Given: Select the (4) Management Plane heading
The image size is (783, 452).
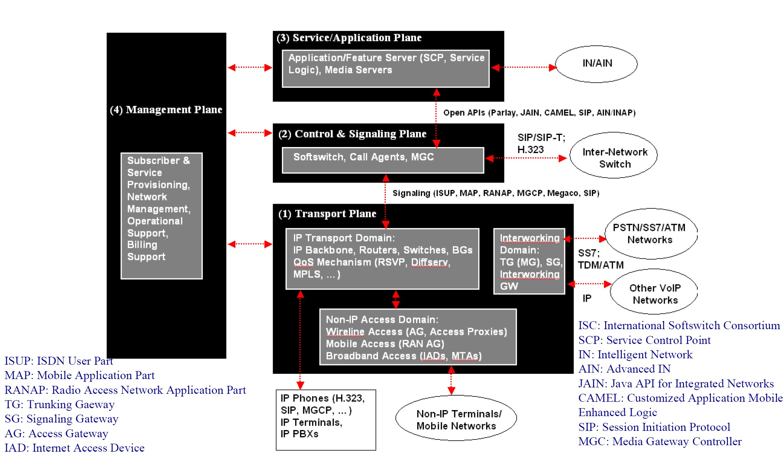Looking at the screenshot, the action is (166, 110).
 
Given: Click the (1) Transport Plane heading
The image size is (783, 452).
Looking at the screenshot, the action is (327, 214).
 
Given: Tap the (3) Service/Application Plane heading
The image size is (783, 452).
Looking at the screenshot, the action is (349, 38).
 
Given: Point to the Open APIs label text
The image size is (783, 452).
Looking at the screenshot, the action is (539, 113).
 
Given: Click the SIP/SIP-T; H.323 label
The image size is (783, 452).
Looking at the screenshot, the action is (541, 144).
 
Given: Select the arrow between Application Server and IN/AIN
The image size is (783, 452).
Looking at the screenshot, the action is (524, 68).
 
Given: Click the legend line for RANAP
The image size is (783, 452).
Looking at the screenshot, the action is (125, 390).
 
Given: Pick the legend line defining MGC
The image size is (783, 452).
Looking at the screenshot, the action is (660, 441).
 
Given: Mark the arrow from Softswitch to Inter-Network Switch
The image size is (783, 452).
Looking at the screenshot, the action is (526, 158).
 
